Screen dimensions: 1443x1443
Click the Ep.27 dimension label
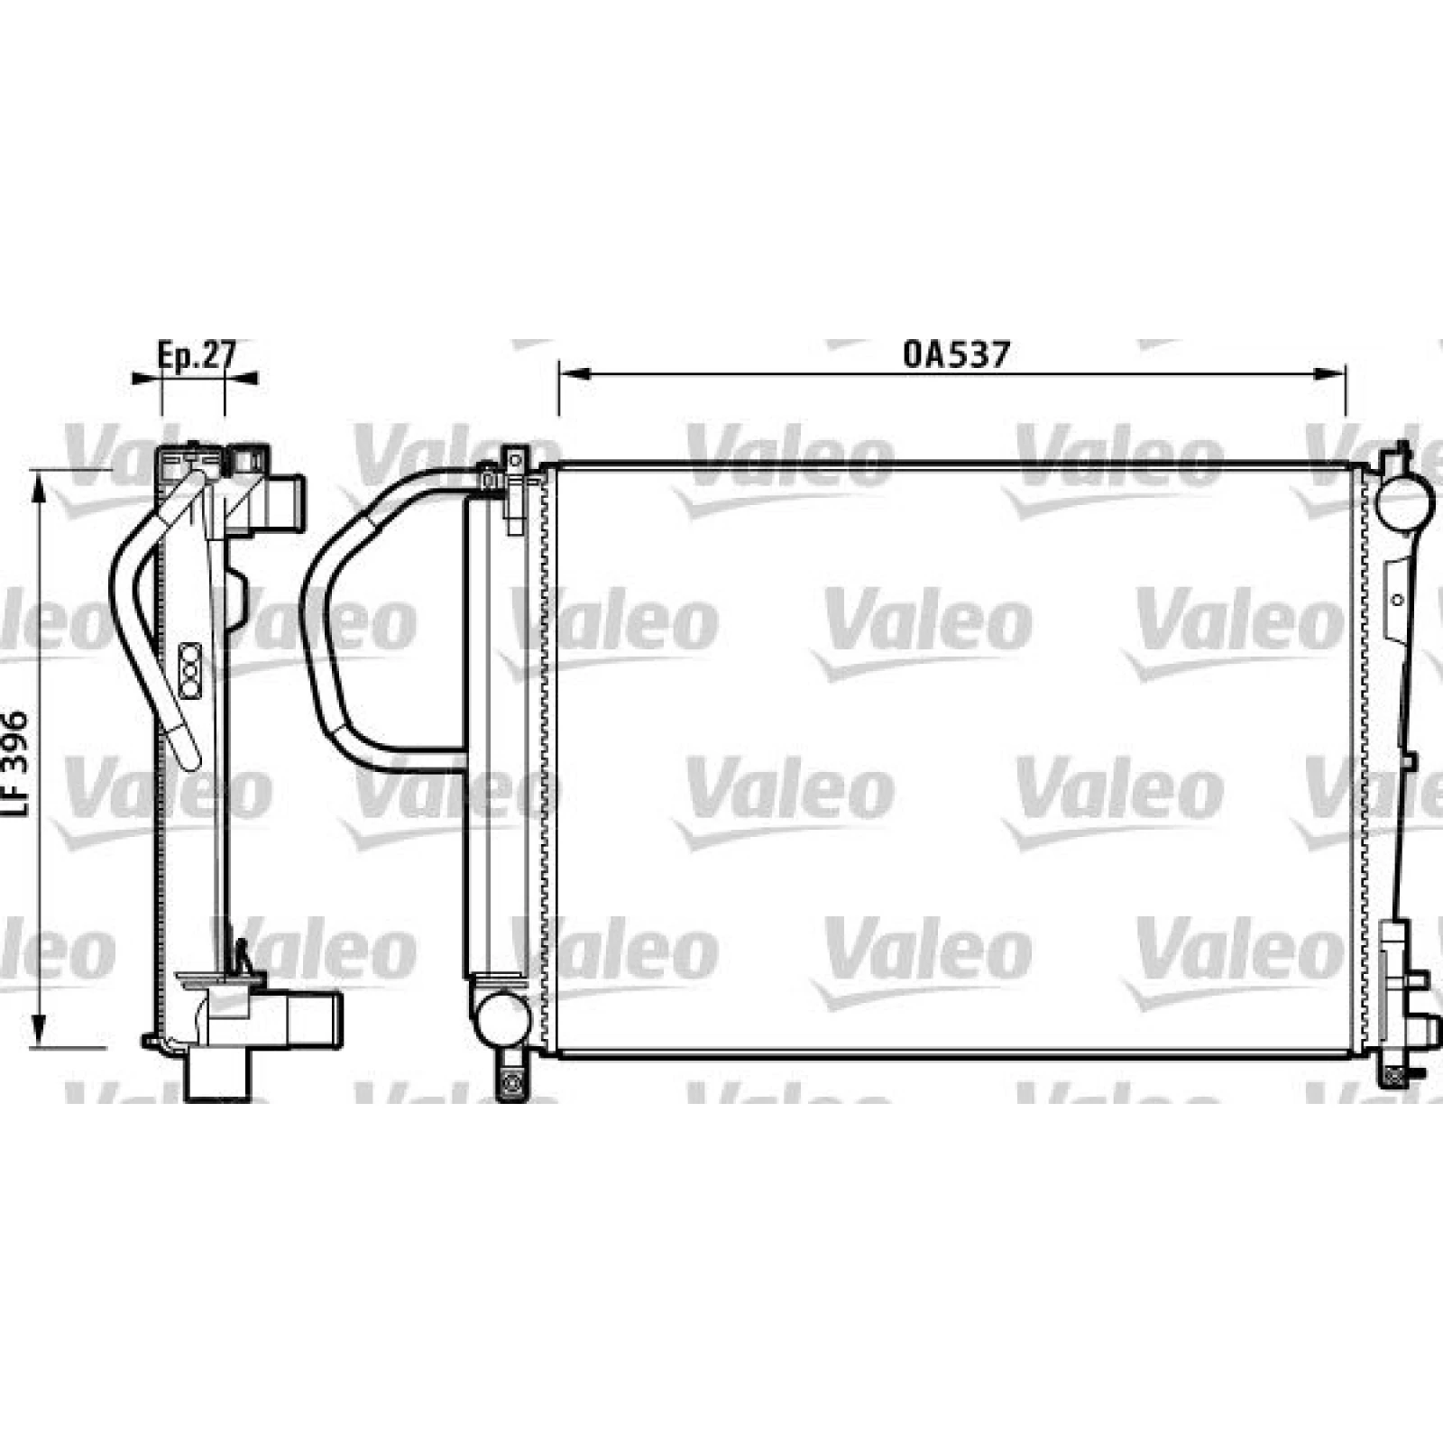196,354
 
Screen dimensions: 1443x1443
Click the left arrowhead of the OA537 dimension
571,373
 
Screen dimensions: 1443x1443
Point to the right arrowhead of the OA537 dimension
1333,373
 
